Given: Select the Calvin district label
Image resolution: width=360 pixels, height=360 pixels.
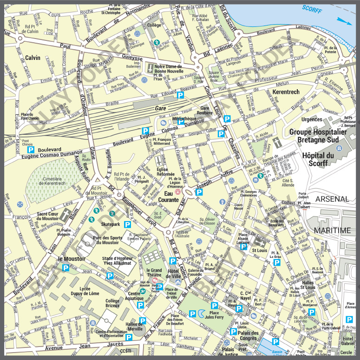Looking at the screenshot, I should (33, 58).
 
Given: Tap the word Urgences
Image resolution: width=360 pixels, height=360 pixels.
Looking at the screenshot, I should (312, 119).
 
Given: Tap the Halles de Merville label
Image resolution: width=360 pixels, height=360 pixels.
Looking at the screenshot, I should (134, 327).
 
